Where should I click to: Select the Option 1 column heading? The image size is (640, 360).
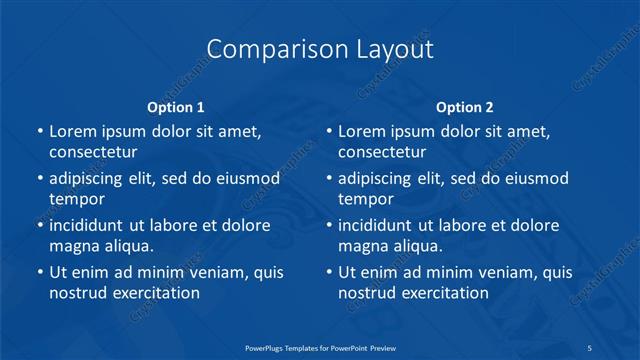pyautogui.click(x=176, y=107)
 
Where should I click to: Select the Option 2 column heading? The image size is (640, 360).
pyautogui.click(x=465, y=107)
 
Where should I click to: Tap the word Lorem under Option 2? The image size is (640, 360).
pyautogui.click(x=363, y=131)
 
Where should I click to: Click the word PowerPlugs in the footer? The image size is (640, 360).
pyautogui.click(x=267, y=348)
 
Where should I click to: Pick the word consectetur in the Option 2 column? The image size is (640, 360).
pyautogui.click(x=383, y=152)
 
